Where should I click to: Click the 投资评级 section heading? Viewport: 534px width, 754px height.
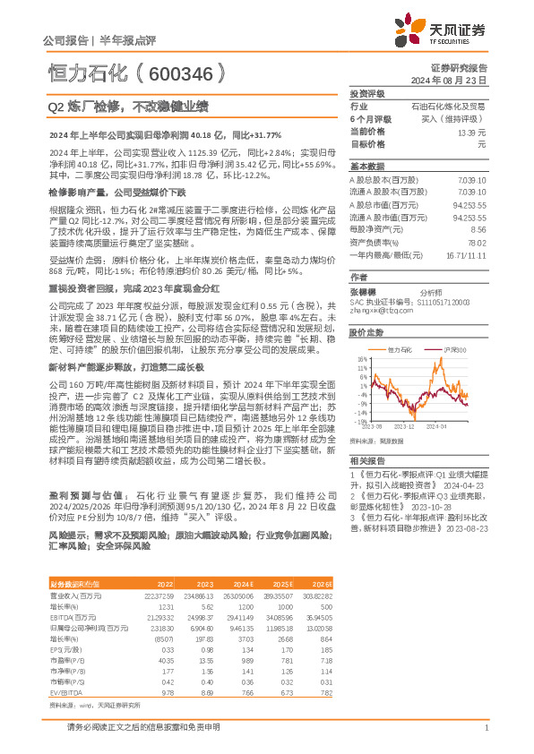(x=367, y=93)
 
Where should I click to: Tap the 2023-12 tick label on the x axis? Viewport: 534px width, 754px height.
(x=406, y=428)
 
